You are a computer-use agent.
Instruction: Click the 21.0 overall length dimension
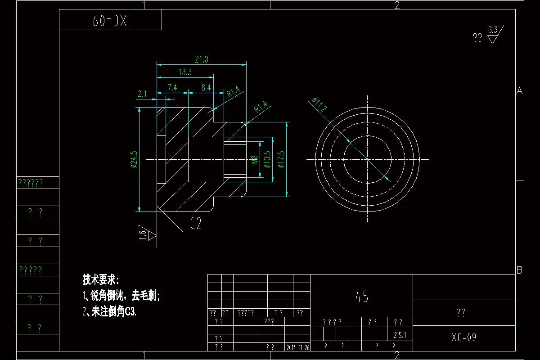(x=201, y=59)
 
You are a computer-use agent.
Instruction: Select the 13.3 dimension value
(x=185, y=72)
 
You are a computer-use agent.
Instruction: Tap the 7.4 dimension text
(x=172, y=87)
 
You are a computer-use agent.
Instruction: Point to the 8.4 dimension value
(x=206, y=87)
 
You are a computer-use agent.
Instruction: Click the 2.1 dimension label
(x=143, y=94)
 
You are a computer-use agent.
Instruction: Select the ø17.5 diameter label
(x=281, y=160)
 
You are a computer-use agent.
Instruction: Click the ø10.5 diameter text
(x=268, y=160)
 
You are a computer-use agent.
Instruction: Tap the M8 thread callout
(x=254, y=160)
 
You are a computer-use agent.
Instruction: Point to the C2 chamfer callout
(x=196, y=224)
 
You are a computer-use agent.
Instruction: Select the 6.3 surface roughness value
(x=493, y=30)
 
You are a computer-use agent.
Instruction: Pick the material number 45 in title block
(x=362, y=296)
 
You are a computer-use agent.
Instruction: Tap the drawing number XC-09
(x=463, y=337)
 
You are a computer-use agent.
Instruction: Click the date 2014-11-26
(x=298, y=347)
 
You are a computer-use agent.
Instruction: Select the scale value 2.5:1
(x=400, y=335)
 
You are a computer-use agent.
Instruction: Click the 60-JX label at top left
(x=110, y=21)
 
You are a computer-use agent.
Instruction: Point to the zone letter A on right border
(x=519, y=91)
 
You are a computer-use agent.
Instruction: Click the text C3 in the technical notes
(x=130, y=312)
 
